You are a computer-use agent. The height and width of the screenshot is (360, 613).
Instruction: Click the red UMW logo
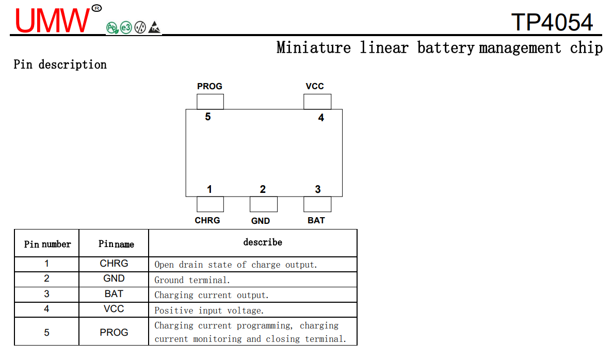pyautogui.click(x=52, y=21)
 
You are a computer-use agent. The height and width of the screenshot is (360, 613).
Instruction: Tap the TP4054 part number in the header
pyautogui.click(x=552, y=22)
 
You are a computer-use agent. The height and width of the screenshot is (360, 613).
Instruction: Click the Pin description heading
pyautogui.click(x=60, y=64)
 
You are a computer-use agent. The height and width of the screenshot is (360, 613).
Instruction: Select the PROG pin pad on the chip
pyautogui.click(x=210, y=102)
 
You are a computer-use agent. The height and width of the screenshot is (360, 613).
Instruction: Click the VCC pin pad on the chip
pyautogui.click(x=317, y=102)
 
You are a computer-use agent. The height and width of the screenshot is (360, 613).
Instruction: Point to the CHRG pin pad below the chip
pyautogui.click(x=210, y=204)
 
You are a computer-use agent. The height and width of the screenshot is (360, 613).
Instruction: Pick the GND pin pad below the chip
pyautogui.click(x=264, y=204)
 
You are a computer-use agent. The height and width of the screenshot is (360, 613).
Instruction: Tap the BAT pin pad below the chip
pyautogui.click(x=317, y=204)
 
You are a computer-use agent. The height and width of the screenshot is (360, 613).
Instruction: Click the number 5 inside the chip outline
pyautogui.click(x=208, y=117)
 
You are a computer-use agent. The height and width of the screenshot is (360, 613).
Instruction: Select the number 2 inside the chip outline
pyautogui.click(x=263, y=190)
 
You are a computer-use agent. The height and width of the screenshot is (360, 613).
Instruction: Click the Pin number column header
pyautogui.click(x=47, y=244)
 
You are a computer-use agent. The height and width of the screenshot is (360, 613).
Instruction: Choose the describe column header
pyautogui.click(x=263, y=242)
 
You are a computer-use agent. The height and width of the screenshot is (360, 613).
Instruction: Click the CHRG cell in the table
pyautogui.click(x=114, y=264)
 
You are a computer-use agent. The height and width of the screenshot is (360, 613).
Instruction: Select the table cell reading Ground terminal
pyautogui.click(x=192, y=280)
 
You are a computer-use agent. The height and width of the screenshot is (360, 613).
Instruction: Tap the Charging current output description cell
pyautogui.click(x=212, y=296)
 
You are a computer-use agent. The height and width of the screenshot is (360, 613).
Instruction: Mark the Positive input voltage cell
pyautogui.click(x=209, y=310)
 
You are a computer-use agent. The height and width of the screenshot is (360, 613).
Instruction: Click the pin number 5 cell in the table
pyautogui.click(x=47, y=333)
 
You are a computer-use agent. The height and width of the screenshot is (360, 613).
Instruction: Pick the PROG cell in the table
pyautogui.click(x=114, y=333)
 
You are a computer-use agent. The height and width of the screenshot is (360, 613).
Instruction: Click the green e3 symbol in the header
pyautogui.click(x=126, y=28)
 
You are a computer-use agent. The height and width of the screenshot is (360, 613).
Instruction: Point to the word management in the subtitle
pyautogui.click(x=520, y=48)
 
